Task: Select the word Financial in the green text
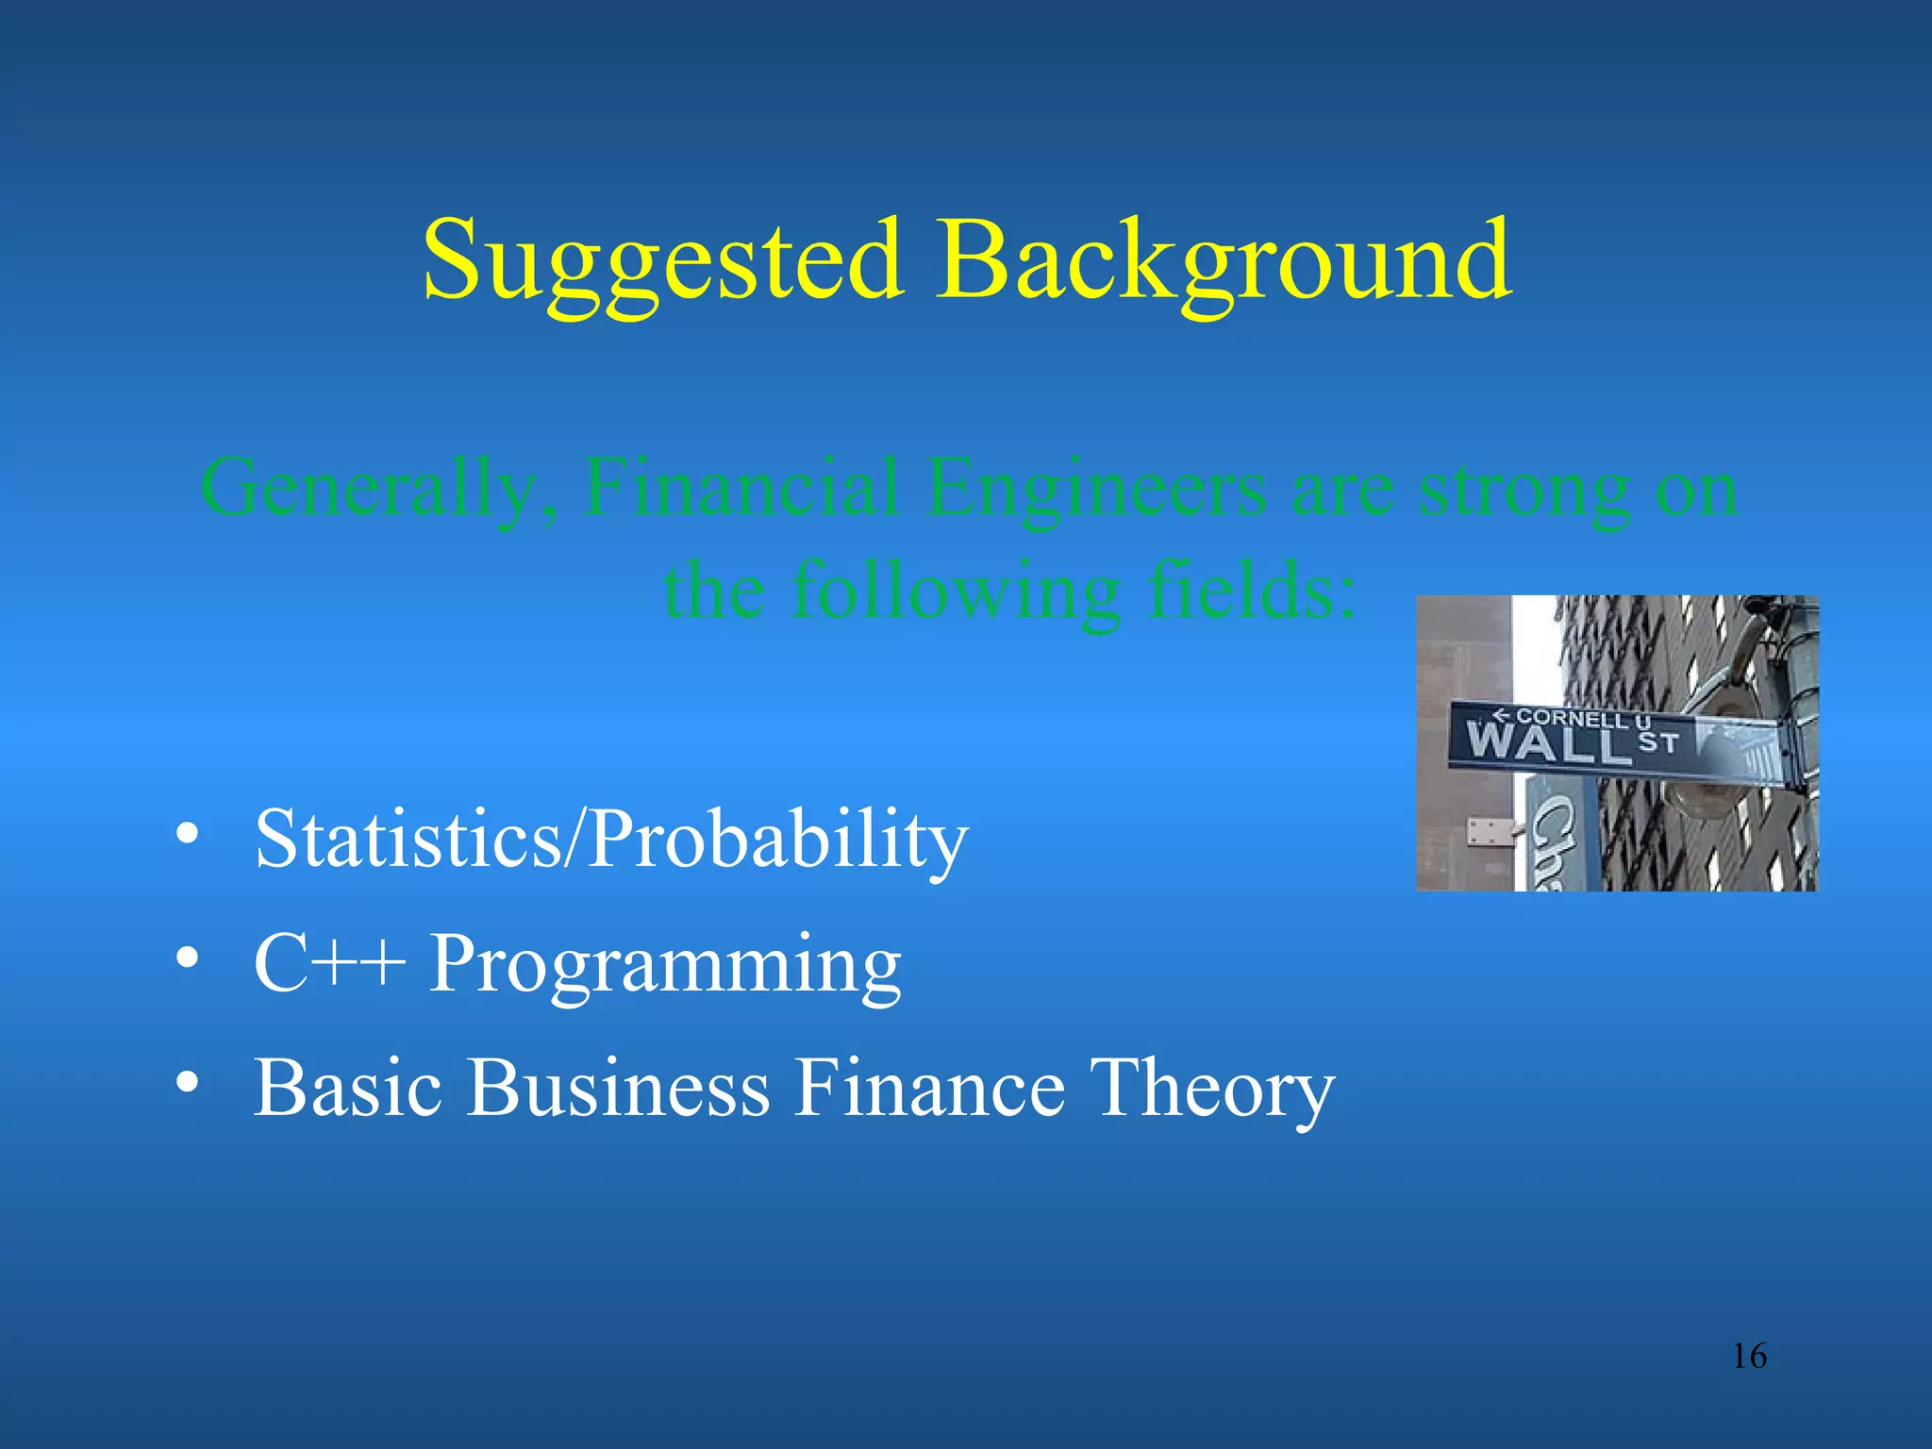pyautogui.click(x=741, y=489)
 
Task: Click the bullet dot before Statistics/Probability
pyautogui.click(x=187, y=835)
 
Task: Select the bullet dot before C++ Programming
pyautogui.click(x=187, y=959)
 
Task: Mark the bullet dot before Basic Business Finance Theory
pyautogui.click(x=187, y=1084)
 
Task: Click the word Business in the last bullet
pyautogui.click(x=618, y=1087)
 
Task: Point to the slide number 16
pyautogui.click(x=1749, y=1357)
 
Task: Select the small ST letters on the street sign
pyautogui.click(x=1657, y=743)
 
